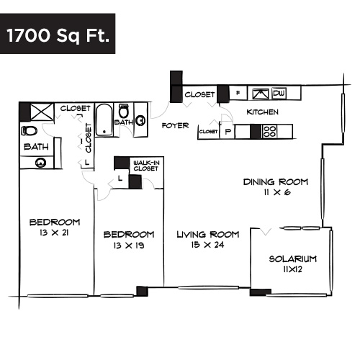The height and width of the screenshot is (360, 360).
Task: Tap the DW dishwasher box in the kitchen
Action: tap(280, 93)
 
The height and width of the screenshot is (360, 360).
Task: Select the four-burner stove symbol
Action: tap(270, 132)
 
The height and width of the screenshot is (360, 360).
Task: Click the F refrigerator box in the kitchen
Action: tap(237, 93)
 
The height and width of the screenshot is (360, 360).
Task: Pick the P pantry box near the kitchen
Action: tap(228, 132)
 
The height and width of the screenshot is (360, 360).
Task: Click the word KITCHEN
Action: tap(262, 113)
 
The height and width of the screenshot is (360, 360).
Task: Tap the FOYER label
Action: tap(175, 125)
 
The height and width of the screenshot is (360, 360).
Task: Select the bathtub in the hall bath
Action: tap(105, 120)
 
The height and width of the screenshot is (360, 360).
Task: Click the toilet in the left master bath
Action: tap(30, 131)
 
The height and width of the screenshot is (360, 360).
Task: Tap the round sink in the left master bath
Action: tap(41, 162)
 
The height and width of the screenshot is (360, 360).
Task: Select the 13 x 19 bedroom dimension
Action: tap(128, 245)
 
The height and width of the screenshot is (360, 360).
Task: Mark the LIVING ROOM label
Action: tap(207, 234)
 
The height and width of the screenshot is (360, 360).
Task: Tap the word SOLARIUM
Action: tap(292, 258)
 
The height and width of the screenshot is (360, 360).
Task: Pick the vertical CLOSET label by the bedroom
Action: tap(88, 138)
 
